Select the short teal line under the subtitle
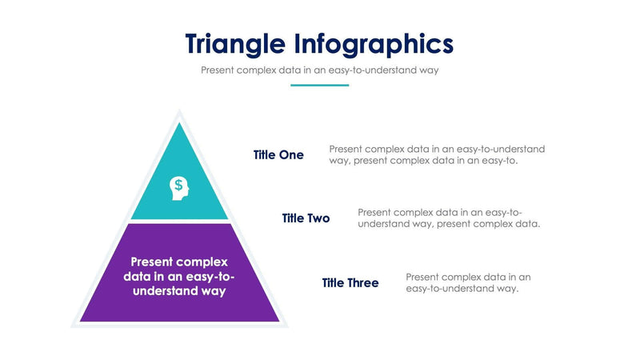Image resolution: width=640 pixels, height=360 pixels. pyautogui.click(x=320, y=85)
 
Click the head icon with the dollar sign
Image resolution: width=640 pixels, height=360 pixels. pyautogui.click(x=179, y=188)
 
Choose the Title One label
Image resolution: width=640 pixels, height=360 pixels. pyautogui.click(x=278, y=155)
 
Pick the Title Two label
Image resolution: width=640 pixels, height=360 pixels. pyautogui.click(x=306, y=218)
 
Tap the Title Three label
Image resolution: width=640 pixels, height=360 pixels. pyautogui.click(x=350, y=283)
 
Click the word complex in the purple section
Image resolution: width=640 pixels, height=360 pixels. pyautogui.click(x=202, y=262)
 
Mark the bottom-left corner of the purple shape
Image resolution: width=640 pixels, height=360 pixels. pyautogui.click(x=82, y=321)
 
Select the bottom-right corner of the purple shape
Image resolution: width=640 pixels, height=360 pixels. pyautogui.click(x=278, y=321)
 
